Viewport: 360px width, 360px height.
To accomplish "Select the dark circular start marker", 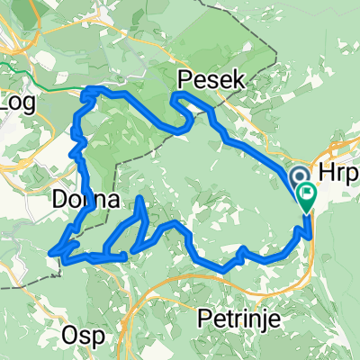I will coord(299,177).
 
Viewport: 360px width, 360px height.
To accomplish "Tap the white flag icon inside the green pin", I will coord(307,191).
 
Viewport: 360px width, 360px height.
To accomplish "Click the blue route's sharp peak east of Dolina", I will coord(142,198).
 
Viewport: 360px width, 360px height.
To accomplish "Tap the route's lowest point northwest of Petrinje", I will coord(221,267).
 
